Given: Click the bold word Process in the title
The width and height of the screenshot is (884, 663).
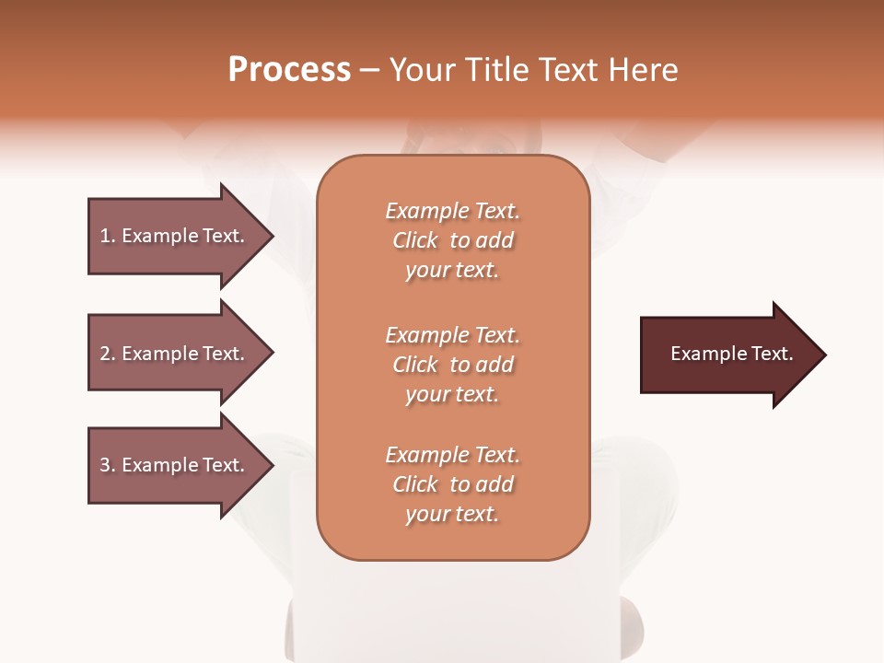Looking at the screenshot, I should (289, 70).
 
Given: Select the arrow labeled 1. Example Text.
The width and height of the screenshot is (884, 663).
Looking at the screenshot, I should (175, 236).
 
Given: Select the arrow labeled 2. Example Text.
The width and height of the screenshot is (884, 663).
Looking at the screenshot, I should (175, 354).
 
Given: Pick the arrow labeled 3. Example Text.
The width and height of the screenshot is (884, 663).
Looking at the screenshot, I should (175, 465).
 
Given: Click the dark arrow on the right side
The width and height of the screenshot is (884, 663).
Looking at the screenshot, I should (727, 355).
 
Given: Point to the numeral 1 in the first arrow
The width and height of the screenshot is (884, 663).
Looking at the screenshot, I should (105, 236).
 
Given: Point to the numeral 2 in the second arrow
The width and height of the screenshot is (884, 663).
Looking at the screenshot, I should (105, 354).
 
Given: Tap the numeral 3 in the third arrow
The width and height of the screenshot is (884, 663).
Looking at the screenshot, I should (105, 465).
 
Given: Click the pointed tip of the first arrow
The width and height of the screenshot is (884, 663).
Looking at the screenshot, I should (270, 236).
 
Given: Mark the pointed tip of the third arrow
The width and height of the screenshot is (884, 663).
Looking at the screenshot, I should (270, 465).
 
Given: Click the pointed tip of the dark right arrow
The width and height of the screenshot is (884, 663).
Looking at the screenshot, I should (822, 355).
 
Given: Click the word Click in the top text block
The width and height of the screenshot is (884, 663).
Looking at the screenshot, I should (415, 240).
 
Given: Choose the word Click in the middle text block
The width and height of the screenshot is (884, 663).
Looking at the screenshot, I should (415, 365).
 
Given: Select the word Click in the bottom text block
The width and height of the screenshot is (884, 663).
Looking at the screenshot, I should (415, 484).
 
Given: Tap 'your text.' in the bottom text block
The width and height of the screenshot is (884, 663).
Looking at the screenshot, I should (452, 514).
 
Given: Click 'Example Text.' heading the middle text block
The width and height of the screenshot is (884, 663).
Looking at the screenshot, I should (452, 335).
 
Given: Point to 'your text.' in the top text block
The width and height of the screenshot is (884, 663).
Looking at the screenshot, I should (452, 270).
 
